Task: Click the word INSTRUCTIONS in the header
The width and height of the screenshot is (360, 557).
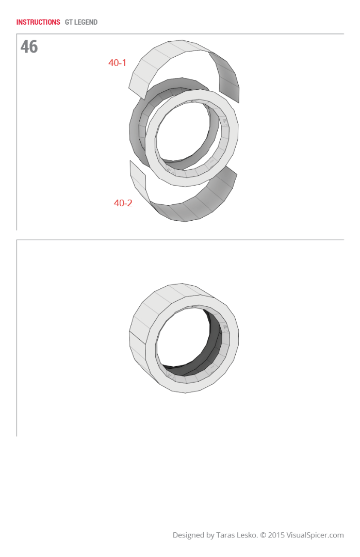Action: click(38, 22)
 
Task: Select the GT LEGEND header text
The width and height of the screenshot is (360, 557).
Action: click(81, 22)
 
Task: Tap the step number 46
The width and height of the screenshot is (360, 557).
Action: click(29, 47)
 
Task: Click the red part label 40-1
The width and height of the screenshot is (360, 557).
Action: click(117, 63)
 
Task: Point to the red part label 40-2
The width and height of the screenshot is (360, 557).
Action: click(123, 203)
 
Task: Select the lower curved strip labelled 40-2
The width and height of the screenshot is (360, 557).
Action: click(196, 204)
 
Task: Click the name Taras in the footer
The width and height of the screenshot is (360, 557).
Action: click(227, 535)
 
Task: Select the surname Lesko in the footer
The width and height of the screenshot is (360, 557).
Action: click(248, 535)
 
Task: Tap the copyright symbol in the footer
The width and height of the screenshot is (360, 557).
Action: click(263, 535)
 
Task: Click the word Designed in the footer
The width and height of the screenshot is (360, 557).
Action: click(188, 535)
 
